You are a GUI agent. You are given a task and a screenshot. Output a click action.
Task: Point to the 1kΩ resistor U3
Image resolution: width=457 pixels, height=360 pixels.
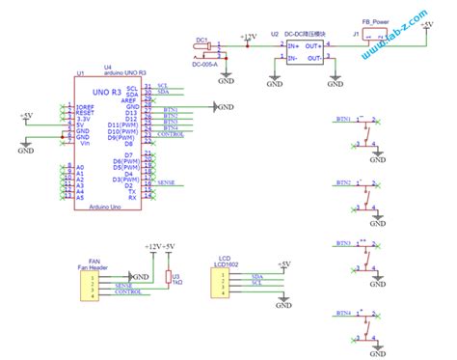click(168, 277)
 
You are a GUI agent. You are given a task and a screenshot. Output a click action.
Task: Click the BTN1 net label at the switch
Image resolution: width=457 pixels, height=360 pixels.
click(343, 120)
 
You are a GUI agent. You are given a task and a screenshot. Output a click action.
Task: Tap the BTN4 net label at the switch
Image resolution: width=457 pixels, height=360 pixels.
click(343, 314)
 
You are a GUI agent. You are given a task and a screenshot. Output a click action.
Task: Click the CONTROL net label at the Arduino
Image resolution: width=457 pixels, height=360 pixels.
click(169, 135)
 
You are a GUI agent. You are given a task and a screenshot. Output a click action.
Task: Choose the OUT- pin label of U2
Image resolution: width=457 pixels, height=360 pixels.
click(314, 59)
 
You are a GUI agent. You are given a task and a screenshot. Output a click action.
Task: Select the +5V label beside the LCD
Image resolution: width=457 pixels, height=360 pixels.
click(284, 263)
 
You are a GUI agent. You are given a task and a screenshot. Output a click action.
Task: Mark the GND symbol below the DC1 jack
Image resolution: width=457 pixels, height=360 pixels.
click(226, 73)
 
